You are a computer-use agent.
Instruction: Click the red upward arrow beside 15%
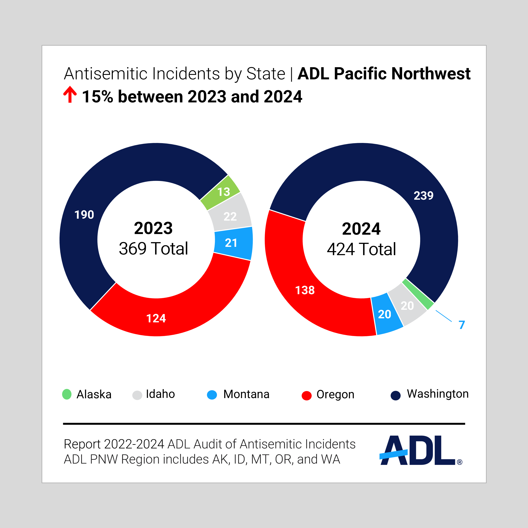(70, 95)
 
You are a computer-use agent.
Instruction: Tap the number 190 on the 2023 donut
(84, 215)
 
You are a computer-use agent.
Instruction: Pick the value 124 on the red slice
(156, 318)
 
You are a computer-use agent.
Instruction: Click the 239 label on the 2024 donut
(423, 196)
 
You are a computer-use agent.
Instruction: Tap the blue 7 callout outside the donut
(462, 325)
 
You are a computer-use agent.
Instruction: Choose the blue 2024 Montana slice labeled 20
(386, 314)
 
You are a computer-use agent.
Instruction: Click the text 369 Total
(153, 249)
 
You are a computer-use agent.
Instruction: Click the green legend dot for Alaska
(67, 394)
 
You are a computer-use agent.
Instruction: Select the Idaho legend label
(160, 394)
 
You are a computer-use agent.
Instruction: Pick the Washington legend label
(438, 394)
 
